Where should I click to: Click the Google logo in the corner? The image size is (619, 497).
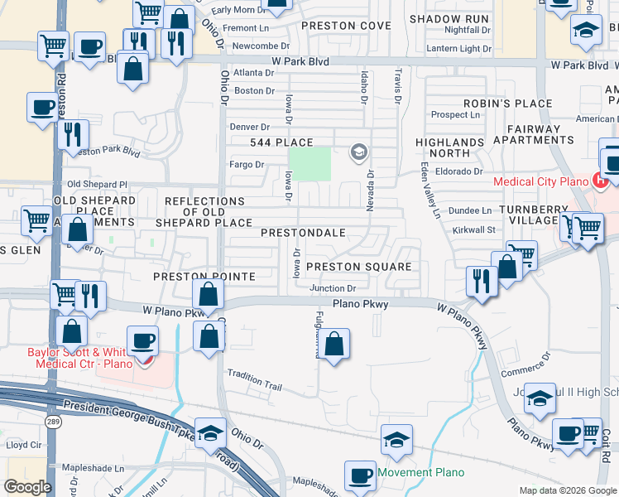coord(27,487)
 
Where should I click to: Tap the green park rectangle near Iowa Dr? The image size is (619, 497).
coord(309,163)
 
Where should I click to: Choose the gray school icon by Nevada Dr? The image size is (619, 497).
coord(358,151)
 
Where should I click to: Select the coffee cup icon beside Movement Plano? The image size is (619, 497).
coord(359,475)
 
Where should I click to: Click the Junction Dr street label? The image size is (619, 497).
coord(333,288)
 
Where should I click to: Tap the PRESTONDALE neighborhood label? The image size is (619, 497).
coord(303,233)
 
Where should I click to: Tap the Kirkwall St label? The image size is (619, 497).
coord(473,229)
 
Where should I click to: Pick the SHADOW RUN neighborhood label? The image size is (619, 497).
coord(449,18)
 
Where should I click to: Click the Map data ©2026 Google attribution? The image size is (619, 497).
coord(567,490)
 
